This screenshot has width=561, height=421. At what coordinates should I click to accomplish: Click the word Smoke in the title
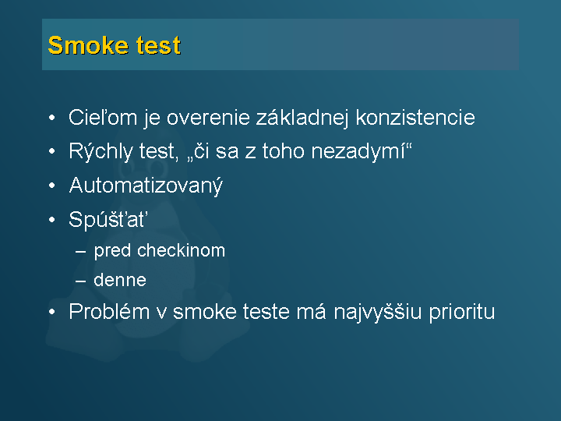click(88, 45)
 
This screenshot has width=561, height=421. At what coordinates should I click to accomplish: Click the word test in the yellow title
click(158, 45)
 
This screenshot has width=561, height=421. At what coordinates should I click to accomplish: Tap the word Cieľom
click(103, 117)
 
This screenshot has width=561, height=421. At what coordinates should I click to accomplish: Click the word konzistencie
click(415, 118)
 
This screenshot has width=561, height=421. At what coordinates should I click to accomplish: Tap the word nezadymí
click(358, 152)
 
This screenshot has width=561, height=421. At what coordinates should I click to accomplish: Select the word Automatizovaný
click(146, 186)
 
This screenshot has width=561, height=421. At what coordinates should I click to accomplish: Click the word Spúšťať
click(108, 219)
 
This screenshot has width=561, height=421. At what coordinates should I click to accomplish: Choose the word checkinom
click(181, 250)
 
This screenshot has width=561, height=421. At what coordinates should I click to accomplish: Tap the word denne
click(120, 280)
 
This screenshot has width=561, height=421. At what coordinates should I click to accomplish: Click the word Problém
click(109, 311)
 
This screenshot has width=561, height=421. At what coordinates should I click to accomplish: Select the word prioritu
click(462, 312)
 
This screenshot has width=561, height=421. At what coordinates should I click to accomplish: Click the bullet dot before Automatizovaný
click(52, 186)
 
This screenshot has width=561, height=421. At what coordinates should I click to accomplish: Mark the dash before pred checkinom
click(81, 251)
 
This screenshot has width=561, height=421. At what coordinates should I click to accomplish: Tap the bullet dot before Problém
click(52, 311)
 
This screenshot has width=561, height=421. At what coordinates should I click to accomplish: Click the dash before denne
click(81, 281)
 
